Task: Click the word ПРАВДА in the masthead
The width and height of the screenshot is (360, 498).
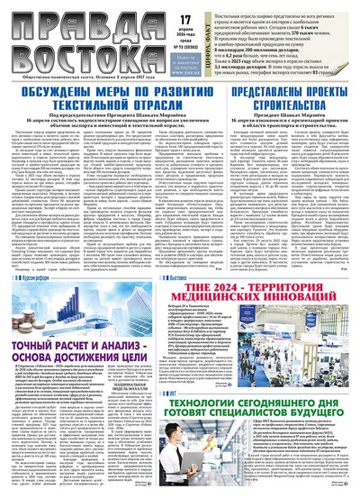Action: pyautogui.click(x=63, y=20)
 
